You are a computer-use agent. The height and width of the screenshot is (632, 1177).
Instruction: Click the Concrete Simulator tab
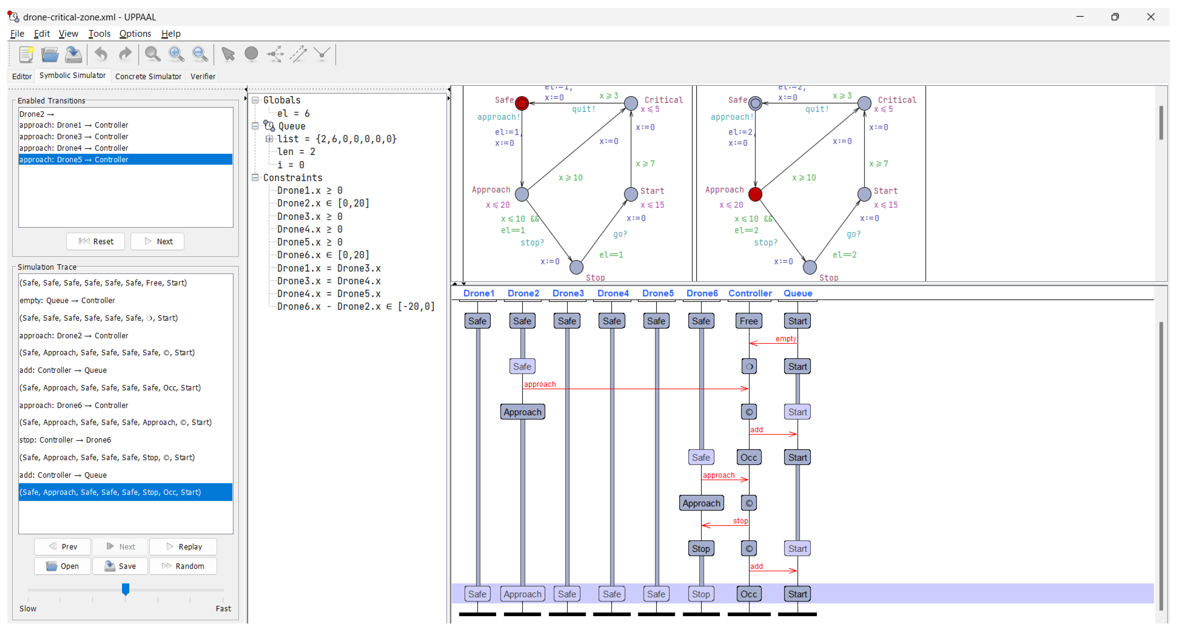point(148,76)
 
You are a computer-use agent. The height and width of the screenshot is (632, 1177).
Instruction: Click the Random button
point(183,566)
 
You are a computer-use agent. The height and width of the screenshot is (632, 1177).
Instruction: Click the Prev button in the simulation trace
point(63,547)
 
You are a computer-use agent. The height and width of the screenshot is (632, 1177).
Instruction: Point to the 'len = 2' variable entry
point(296,152)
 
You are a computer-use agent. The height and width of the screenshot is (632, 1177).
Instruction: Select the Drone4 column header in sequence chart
point(613,293)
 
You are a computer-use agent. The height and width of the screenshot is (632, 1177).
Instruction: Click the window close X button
point(1151,17)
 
